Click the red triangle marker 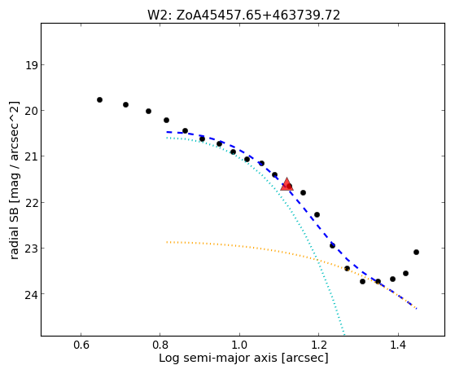[287, 184]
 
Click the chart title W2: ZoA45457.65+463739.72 [243, 15]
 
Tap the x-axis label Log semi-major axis [218, 358]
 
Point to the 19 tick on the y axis [32, 65]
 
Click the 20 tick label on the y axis [32, 111]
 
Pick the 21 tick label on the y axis [32, 156]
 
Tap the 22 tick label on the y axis [32, 202]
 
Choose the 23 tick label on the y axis [32, 249]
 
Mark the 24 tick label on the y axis [32, 294]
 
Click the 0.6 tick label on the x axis [81, 345]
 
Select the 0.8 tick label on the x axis [160, 345]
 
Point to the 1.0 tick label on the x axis [239, 345]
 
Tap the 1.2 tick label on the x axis [318, 345]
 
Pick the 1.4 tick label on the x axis [398, 345]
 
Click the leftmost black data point [99, 99]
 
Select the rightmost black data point [416, 252]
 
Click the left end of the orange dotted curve [167, 242]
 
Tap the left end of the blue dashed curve [167, 132]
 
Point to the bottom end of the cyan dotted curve [344, 335]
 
